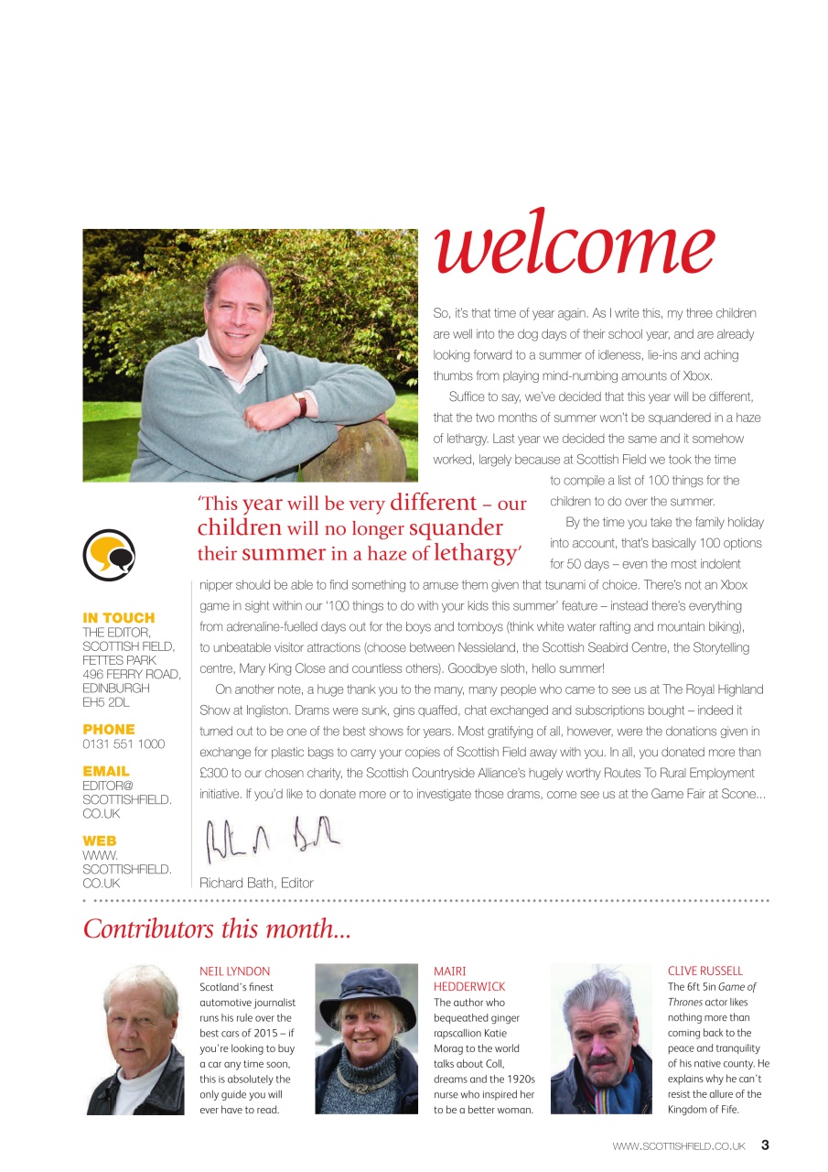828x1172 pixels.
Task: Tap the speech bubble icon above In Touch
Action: pos(108,553)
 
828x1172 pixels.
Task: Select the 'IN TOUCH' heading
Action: pos(119,618)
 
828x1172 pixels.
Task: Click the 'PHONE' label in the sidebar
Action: pos(109,729)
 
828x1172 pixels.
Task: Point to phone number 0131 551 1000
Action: pos(124,744)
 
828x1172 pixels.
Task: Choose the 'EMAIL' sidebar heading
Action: pos(106,771)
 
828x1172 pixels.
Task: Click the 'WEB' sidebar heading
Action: pos(100,841)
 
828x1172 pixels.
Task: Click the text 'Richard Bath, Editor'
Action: pos(256,884)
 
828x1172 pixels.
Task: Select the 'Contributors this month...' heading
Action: pos(217,928)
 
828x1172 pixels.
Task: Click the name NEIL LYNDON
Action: pos(235,971)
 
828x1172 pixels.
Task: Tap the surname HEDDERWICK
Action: pos(469,987)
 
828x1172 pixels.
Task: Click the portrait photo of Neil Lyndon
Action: pos(134,1039)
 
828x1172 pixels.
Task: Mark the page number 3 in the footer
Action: pos(765,1145)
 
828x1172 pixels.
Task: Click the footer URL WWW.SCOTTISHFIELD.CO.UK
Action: pos(679,1145)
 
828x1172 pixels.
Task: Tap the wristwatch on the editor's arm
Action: pos(299,405)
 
